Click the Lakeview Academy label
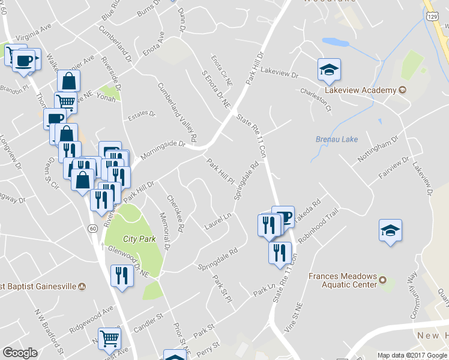[x=360, y=90]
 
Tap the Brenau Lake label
[x=337, y=139]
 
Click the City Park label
[x=139, y=239]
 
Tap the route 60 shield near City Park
[x=92, y=228]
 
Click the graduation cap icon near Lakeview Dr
[x=329, y=70]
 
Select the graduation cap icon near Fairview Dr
[x=390, y=231]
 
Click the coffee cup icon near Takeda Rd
[x=283, y=217]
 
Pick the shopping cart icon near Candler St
[x=109, y=338]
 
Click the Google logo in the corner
[x=20, y=353]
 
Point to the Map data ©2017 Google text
[x=412, y=355]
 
